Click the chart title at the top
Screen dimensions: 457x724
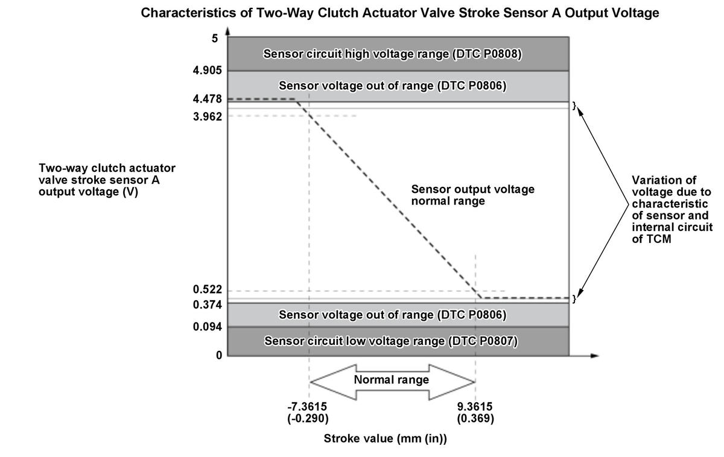tap(399, 13)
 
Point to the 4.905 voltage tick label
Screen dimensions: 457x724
tap(207, 71)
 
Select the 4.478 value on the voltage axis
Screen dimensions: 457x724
tap(207, 99)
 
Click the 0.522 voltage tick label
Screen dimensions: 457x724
tap(207, 290)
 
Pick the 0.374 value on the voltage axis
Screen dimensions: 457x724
tap(207, 305)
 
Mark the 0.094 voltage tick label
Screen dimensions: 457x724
tap(207, 327)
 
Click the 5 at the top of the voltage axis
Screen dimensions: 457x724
tap(214, 39)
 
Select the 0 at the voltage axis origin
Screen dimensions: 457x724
tap(219, 355)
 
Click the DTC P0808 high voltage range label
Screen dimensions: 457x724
tap(392, 54)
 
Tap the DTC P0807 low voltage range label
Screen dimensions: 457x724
tap(391, 341)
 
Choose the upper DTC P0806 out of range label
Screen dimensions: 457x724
tap(392, 86)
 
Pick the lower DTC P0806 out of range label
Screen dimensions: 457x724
tap(392, 315)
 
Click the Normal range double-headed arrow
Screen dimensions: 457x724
tap(392, 380)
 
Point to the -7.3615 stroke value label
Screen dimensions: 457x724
tap(308, 412)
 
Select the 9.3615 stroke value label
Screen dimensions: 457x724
tap(476, 412)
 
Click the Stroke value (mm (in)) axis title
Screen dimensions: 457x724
tap(386, 439)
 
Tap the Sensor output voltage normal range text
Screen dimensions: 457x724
tap(472, 195)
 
